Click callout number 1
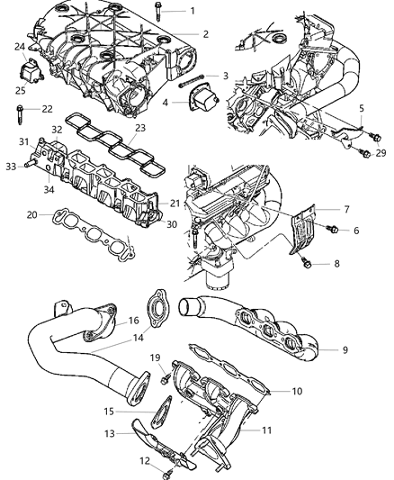click(x=192, y=11)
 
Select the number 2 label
click(x=205, y=34)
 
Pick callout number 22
click(x=48, y=109)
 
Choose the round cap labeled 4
click(x=199, y=101)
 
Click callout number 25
click(x=21, y=88)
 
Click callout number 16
click(x=133, y=320)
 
